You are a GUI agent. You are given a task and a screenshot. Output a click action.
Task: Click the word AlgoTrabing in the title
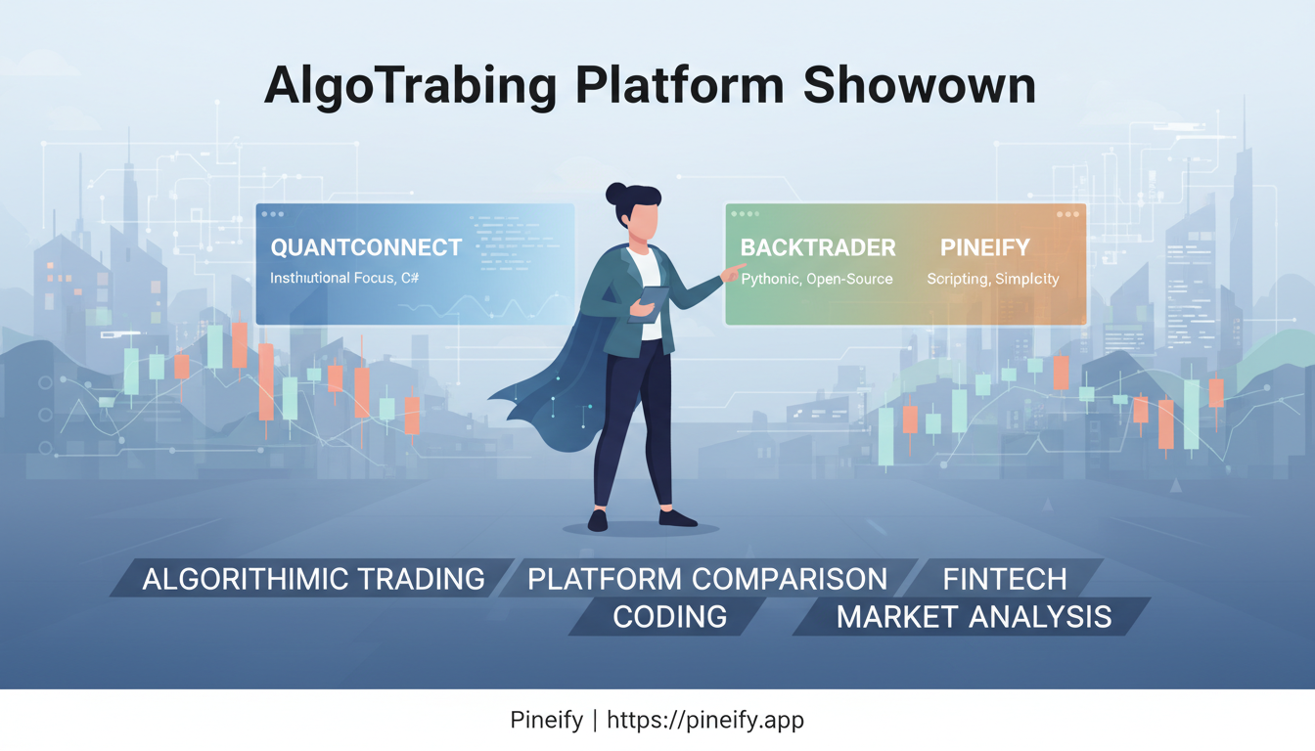click(x=410, y=86)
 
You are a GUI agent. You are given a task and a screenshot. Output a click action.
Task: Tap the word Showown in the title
click(x=919, y=86)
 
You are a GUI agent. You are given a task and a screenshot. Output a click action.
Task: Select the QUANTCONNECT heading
click(x=366, y=247)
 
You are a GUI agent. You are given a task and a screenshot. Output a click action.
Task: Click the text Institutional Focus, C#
click(x=344, y=279)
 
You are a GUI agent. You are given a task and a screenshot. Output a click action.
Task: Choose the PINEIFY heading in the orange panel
click(x=984, y=247)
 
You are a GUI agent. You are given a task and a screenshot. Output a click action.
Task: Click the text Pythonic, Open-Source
click(x=817, y=280)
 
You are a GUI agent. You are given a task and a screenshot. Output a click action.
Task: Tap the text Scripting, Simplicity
click(x=992, y=280)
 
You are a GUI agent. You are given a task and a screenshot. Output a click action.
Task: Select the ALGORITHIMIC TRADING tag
click(x=313, y=579)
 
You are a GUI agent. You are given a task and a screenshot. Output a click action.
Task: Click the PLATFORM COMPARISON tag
click(x=707, y=579)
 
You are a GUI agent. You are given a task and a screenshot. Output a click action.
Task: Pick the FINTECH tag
click(x=1004, y=579)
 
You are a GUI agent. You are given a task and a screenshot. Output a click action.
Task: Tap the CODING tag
click(x=670, y=617)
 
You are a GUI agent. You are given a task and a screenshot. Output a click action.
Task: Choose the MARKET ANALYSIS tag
click(x=974, y=617)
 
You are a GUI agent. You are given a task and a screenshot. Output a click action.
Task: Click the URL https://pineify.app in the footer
click(x=705, y=721)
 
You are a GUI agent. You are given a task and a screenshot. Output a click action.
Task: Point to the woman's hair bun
click(x=617, y=193)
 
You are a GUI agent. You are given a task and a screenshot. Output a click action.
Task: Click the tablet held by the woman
click(x=649, y=304)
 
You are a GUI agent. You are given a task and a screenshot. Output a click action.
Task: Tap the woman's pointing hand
click(x=731, y=275)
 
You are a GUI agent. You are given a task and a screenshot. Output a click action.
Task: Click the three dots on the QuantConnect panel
click(x=272, y=213)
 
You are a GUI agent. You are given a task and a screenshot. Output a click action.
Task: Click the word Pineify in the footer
click(x=546, y=721)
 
